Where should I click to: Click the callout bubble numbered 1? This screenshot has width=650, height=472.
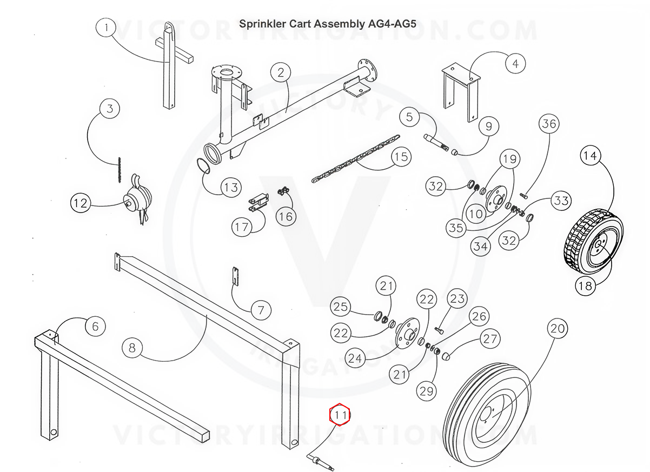107,26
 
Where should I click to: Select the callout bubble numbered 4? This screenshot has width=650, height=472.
515,64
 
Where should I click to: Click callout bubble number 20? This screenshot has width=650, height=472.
558,328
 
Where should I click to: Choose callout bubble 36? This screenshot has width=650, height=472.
549,124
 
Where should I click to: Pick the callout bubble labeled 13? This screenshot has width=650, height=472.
231,187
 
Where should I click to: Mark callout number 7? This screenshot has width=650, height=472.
261,310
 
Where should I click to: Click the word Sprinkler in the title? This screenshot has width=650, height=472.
263,24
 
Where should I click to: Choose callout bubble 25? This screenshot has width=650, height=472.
341,307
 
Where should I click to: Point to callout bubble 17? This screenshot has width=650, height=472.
242,227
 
